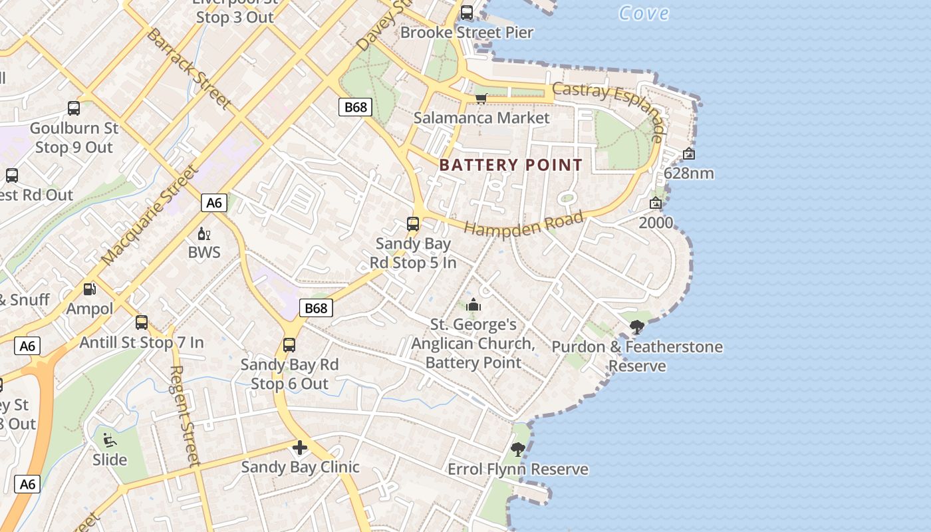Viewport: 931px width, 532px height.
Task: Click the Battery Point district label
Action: [x=511, y=165]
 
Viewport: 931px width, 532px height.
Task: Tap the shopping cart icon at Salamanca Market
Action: [x=481, y=98]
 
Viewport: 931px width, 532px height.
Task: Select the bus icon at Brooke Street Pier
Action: [x=467, y=12]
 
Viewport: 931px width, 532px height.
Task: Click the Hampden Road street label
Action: [x=523, y=223]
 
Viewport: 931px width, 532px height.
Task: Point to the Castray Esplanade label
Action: [x=608, y=110]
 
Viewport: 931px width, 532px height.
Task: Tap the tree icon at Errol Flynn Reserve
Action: [x=517, y=450]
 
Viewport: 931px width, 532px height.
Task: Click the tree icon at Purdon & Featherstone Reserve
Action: [x=636, y=327]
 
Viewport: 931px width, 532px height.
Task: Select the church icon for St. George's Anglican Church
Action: [x=473, y=305]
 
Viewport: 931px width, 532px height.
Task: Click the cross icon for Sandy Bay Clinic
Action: [x=300, y=448]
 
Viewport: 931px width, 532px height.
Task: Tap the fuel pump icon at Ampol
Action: [x=89, y=289]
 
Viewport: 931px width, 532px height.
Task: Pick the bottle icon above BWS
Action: [x=203, y=233]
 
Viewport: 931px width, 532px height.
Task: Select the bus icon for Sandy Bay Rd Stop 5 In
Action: [x=413, y=224]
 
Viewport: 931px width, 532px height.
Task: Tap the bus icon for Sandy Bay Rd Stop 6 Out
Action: [x=289, y=345]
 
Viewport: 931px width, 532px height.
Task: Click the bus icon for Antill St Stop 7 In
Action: [x=142, y=323]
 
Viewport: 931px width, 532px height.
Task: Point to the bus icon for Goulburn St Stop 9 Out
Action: [x=74, y=108]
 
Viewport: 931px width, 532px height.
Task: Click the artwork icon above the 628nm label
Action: [x=689, y=154]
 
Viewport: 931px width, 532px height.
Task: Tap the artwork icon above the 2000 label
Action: [x=656, y=203]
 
